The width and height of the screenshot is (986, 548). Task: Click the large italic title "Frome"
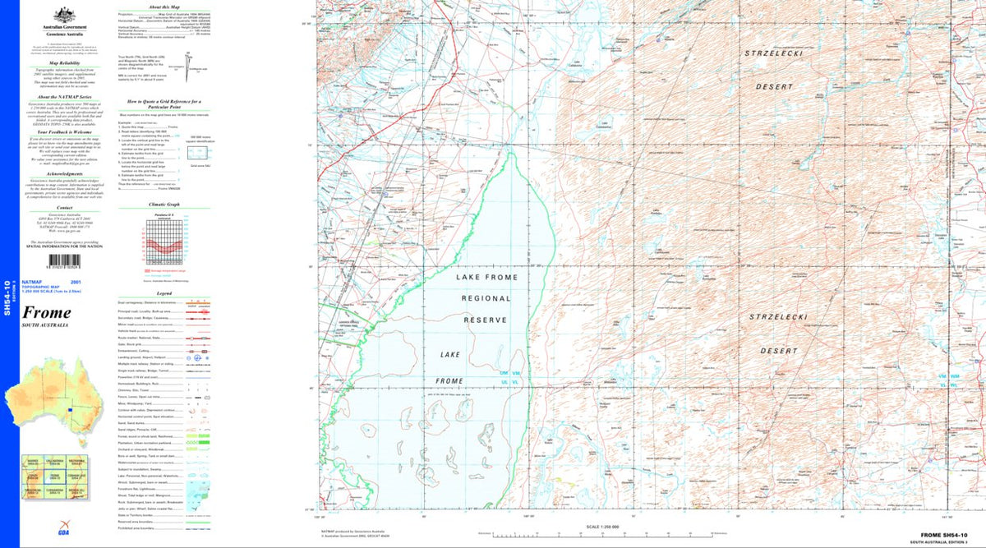46,312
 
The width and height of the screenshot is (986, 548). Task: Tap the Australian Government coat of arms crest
59,14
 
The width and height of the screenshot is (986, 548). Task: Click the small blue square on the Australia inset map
71,410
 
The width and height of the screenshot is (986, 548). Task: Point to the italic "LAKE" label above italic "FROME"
450,354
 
